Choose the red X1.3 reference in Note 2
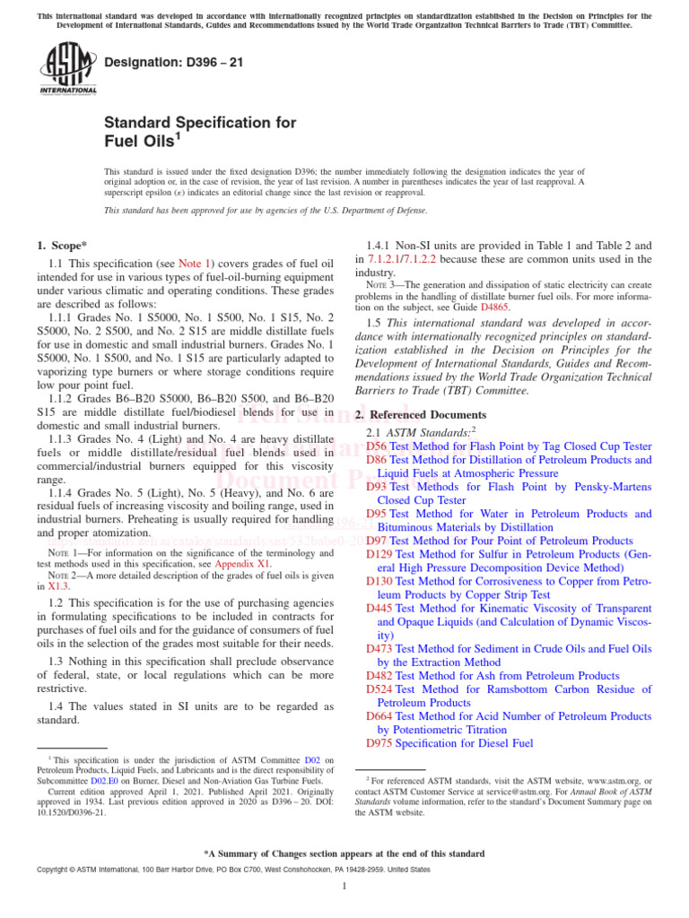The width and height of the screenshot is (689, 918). tap(58, 586)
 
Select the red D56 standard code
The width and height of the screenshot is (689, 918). tap(377, 446)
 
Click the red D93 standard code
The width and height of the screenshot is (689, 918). tap(377, 487)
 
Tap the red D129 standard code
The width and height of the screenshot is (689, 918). tap(380, 555)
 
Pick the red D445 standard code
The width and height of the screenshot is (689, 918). tap(380, 609)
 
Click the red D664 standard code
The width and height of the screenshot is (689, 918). tap(380, 716)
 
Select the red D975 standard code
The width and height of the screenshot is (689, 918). tap(380, 743)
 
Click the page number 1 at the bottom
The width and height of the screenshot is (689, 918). tap(344, 887)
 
